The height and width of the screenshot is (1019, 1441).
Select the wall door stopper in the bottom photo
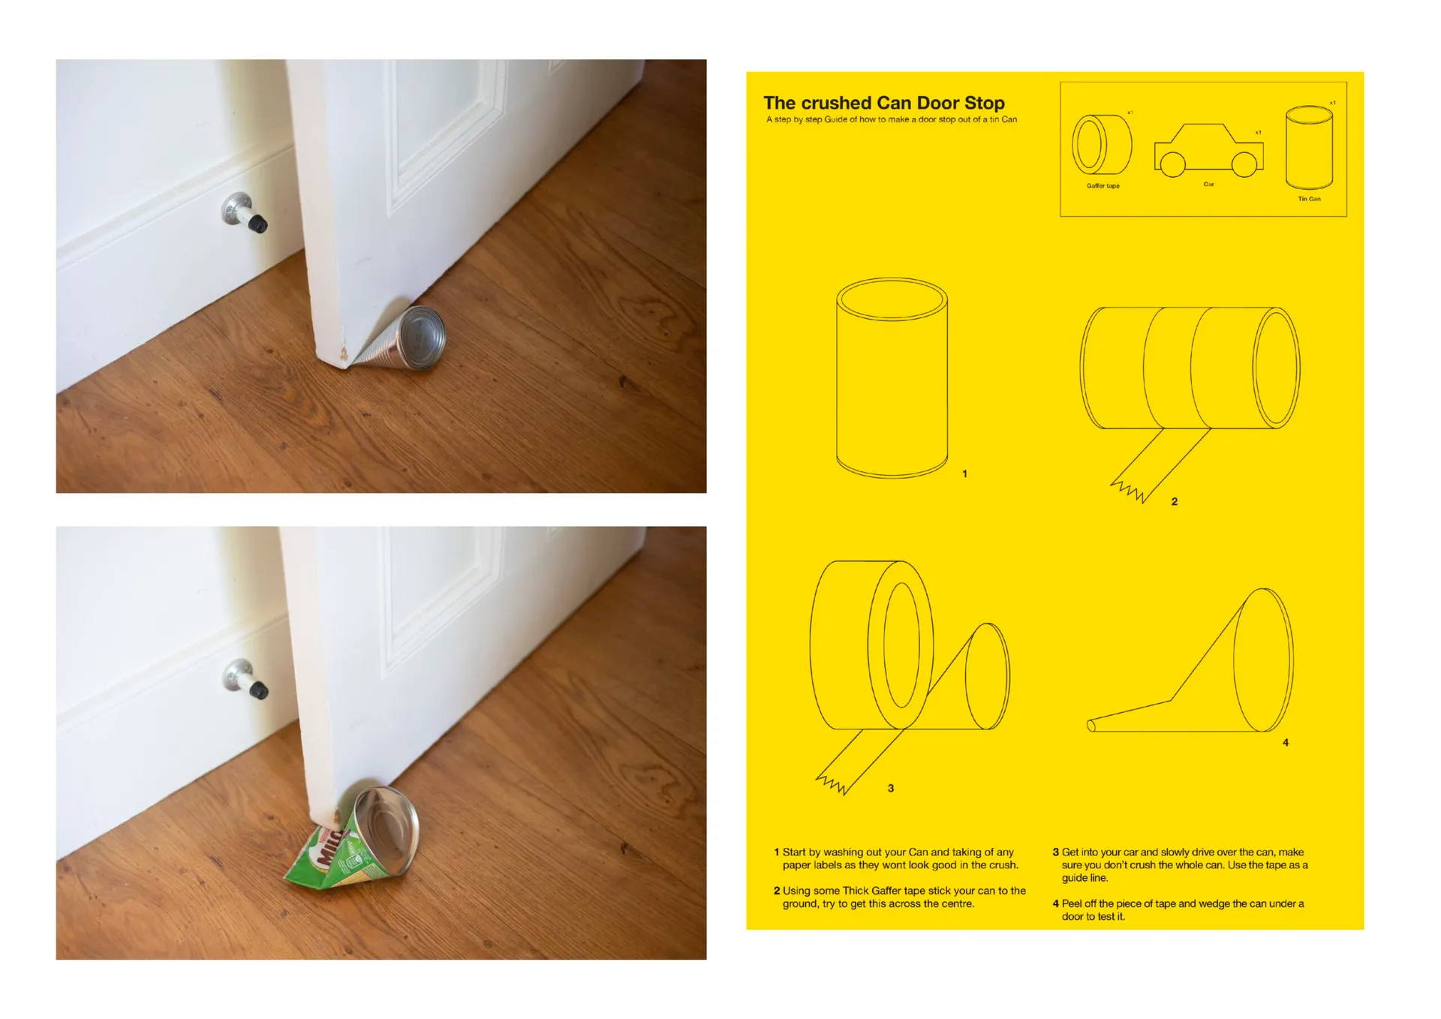tap(245, 679)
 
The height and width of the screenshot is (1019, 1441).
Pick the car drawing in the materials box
tap(1208, 150)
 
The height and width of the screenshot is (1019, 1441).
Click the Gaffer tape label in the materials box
tap(1103, 186)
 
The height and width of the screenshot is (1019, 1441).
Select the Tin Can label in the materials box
tap(1309, 199)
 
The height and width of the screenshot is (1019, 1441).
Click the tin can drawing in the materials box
tap(1309, 148)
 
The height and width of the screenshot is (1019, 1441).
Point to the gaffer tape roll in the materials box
tap(1102, 144)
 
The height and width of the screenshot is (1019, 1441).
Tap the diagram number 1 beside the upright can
tap(964, 474)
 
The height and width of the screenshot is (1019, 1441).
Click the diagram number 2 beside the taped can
tap(1175, 502)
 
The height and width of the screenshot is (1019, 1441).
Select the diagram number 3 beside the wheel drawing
tap(891, 789)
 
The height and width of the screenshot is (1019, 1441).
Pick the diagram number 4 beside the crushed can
tap(1286, 743)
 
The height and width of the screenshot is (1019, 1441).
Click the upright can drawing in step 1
tap(892, 377)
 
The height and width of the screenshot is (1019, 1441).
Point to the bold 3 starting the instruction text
tap(1055, 852)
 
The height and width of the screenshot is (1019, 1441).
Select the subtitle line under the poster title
tap(892, 119)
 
